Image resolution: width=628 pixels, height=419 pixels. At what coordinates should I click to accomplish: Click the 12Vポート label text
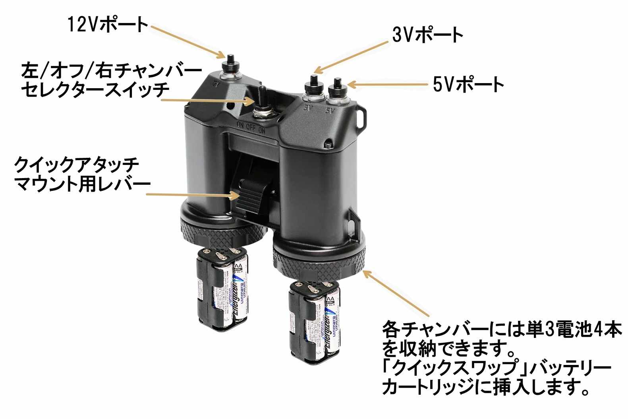pyautogui.click(x=108, y=25)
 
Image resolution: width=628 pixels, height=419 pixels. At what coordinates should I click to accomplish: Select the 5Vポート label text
pyautogui.click(x=468, y=85)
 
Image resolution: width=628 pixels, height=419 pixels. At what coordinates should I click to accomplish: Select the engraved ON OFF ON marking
pyautogui.click(x=251, y=128)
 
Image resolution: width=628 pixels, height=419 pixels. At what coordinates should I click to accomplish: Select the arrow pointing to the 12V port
pyautogui.click(x=187, y=40)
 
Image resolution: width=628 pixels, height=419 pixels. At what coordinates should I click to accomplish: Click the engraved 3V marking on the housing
pyautogui.click(x=308, y=107)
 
